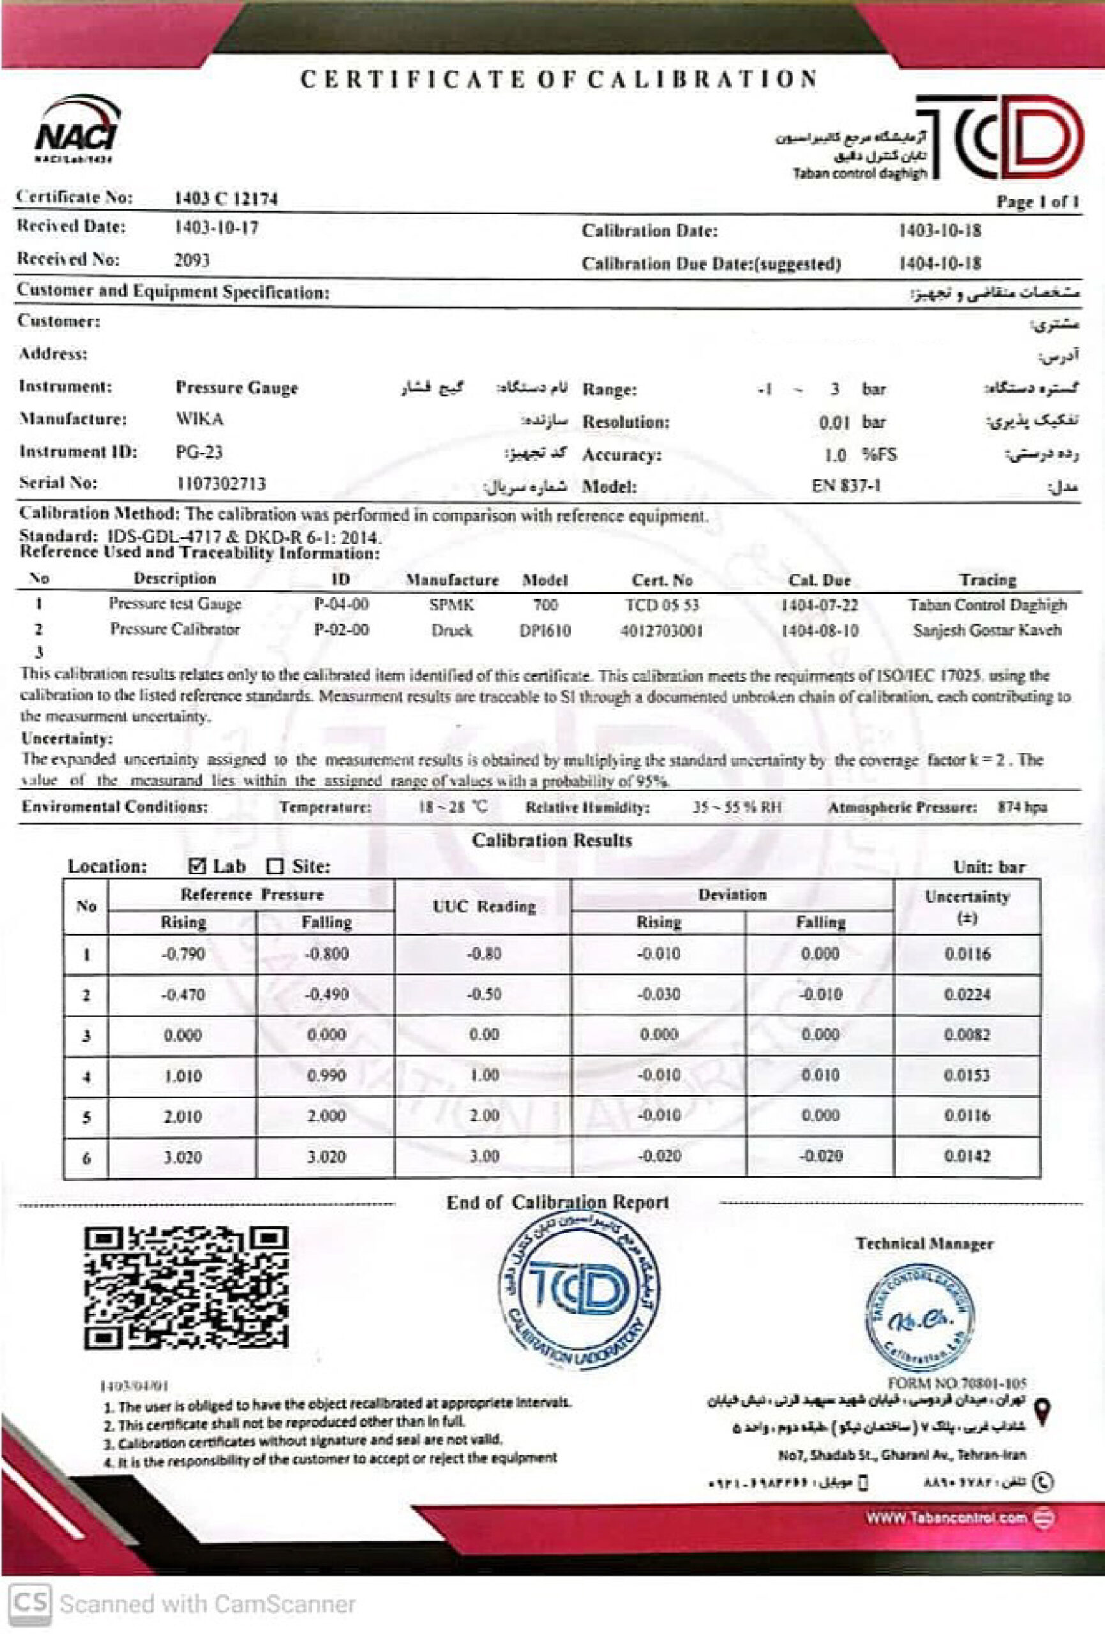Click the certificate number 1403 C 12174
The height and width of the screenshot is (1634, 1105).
coord(226,199)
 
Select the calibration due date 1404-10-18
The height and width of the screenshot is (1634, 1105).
coord(940,264)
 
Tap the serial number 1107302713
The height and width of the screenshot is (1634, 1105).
coord(220,484)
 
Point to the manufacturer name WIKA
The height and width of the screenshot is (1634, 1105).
coord(200,420)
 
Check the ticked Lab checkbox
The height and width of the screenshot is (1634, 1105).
coord(198,866)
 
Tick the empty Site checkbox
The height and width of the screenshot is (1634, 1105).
coord(275,867)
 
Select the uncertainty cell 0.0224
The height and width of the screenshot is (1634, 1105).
coord(966,995)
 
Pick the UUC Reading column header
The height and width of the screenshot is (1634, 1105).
coord(484,907)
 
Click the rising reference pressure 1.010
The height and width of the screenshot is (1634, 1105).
coord(183,1076)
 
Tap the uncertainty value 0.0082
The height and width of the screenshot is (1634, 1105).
coord(966,1035)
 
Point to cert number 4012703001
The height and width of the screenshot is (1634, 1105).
coord(661,630)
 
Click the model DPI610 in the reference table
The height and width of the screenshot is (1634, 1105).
coord(545,631)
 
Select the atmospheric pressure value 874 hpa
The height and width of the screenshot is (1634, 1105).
coord(1021,807)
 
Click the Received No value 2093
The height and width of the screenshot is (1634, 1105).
coord(192,261)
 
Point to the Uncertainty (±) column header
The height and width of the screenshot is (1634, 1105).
coord(967,907)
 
